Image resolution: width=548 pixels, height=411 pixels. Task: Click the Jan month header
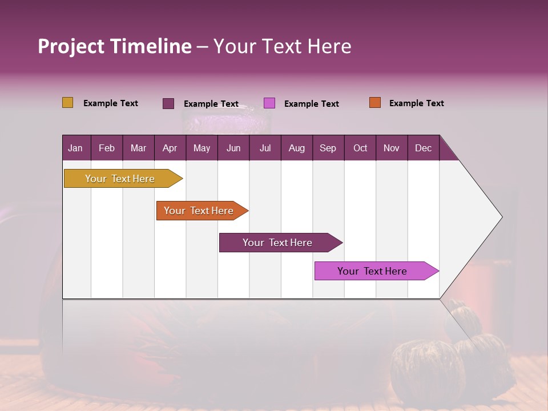tap(75, 148)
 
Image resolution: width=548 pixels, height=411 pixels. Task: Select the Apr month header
tap(170, 148)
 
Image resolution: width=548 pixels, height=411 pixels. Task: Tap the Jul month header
tap(265, 148)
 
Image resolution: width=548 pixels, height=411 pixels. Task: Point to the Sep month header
tap(328, 148)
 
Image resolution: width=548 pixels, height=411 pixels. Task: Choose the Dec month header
tap(423, 148)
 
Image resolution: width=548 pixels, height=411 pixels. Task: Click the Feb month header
tap(107, 148)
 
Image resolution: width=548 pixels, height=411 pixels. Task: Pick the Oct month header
tap(360, 148)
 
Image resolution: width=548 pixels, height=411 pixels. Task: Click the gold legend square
tap(67, 103)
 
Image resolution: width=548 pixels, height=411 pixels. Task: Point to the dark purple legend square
tap(168, 103)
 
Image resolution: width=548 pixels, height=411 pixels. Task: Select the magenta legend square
tap(269, 103)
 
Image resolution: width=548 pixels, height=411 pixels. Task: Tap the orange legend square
tap(375, 103)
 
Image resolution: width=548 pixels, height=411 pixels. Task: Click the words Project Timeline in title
tap(115, 46)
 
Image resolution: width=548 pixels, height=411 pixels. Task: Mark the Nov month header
tap(392, 148)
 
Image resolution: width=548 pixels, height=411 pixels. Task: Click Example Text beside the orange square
tap(416, 103)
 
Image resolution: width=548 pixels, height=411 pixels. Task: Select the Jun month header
tap(233, 148)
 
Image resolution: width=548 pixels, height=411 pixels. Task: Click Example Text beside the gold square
tap(111, 103)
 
